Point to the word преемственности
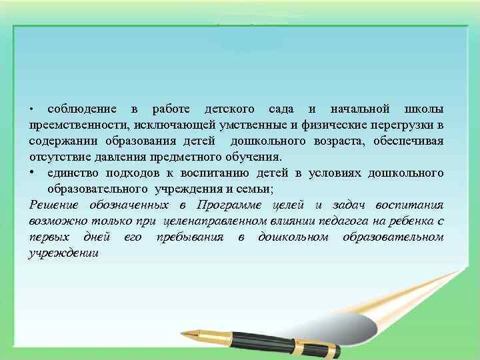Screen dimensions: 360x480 tap(79, 125)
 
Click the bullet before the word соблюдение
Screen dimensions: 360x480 tap(31, 109)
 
